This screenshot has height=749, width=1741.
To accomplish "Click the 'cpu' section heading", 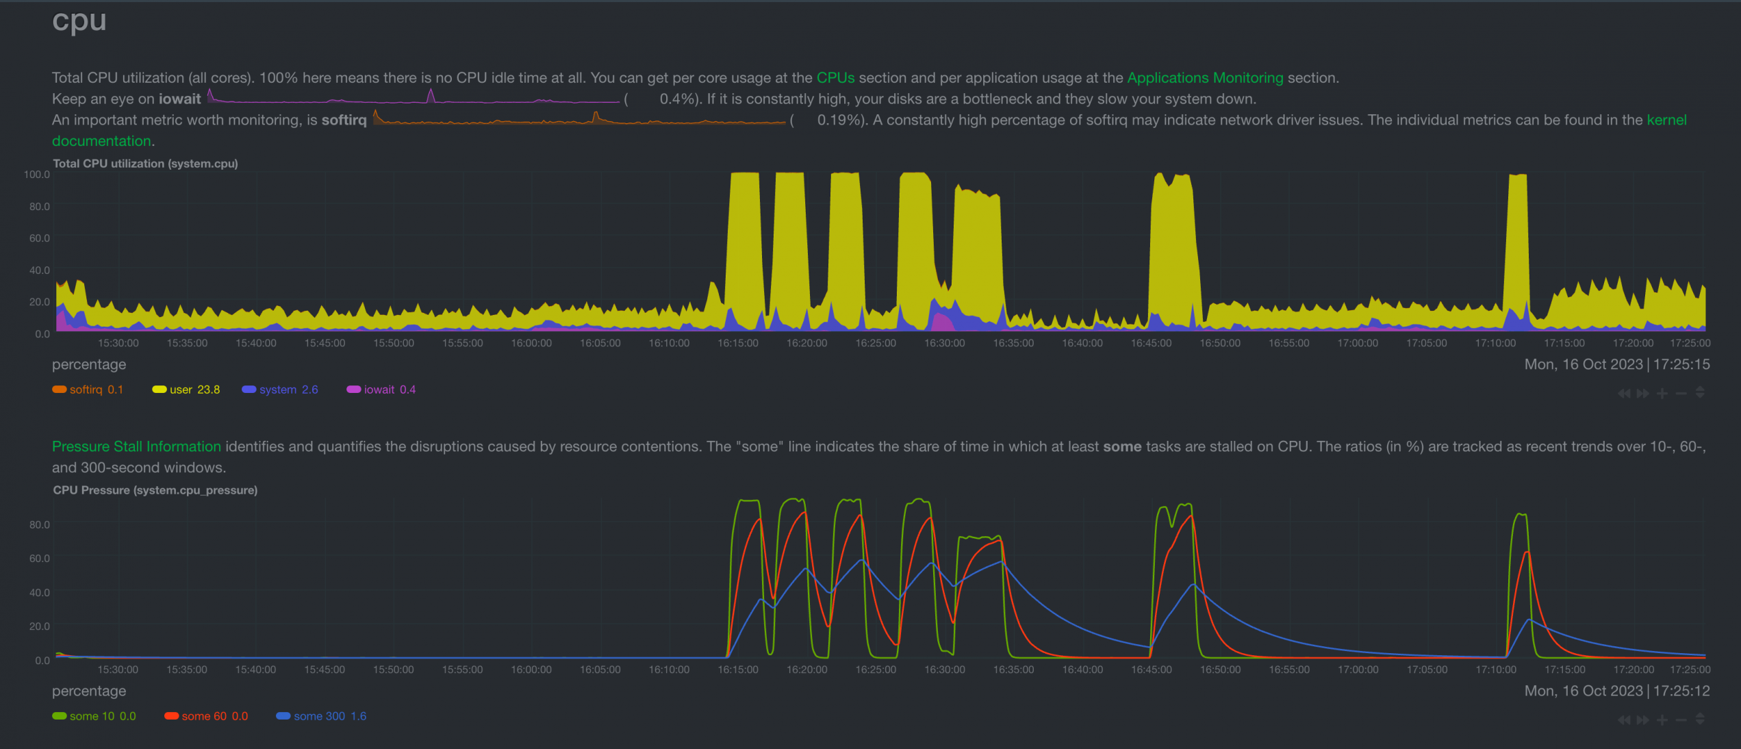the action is (79, 21).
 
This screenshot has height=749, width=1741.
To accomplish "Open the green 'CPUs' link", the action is (835, 78).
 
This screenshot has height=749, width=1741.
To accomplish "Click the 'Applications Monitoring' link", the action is (1205, 78).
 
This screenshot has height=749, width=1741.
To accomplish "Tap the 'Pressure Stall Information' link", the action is (136, 446).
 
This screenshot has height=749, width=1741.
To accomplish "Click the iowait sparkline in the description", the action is (414, 97).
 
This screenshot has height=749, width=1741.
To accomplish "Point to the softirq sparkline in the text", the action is (579, 118).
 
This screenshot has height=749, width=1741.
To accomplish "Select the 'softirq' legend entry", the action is (88, 390).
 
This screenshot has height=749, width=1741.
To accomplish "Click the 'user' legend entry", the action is (186, 390).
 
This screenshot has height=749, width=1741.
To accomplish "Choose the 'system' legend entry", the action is (280, 390).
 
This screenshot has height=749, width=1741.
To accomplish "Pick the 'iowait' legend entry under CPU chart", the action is (381, 390).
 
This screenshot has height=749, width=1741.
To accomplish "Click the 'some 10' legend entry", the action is (94, 716).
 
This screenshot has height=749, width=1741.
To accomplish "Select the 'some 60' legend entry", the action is (206, 716).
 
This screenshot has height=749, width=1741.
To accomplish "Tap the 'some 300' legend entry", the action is (321, 716).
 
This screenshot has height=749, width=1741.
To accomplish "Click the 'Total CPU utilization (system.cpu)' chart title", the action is (145, 164).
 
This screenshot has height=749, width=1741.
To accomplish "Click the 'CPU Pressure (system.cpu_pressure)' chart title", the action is (155, 490).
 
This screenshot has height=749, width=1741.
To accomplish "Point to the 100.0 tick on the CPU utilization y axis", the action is (37, 175).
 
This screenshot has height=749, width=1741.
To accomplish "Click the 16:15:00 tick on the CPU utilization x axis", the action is (738, 343).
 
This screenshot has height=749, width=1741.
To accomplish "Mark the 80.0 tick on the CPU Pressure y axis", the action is (40, 524).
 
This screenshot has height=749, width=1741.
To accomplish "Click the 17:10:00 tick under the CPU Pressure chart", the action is (1496, 670).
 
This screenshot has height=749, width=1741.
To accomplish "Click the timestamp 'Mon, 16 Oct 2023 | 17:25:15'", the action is (1617, 364).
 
